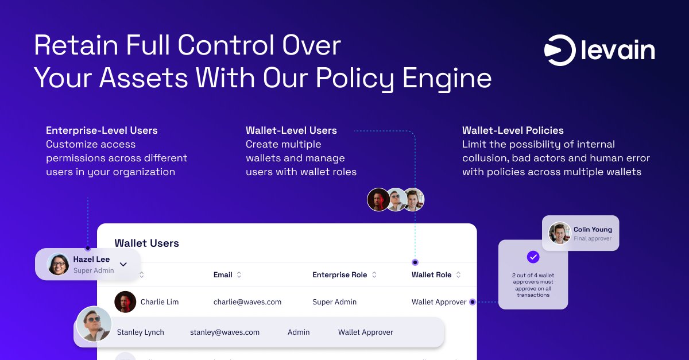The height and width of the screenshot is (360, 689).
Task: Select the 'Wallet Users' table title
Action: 146,243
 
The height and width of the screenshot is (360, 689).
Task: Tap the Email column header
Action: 223,275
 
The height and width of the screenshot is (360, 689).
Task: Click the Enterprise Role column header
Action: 339,275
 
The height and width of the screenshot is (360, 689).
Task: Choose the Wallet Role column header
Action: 431,275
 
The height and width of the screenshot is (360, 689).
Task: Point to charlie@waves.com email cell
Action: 247,302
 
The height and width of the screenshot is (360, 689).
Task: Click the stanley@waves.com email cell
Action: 224,332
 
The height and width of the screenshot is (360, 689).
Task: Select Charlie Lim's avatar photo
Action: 125,302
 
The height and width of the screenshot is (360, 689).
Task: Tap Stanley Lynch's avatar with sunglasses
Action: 94,324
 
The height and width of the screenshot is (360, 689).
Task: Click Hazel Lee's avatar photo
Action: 58,264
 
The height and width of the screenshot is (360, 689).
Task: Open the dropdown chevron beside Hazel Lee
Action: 123,264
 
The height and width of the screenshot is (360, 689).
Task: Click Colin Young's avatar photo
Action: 559,233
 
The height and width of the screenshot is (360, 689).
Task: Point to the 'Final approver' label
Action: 593,239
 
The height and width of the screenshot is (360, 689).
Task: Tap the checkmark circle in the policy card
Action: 533,257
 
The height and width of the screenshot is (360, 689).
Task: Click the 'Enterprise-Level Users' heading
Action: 102,130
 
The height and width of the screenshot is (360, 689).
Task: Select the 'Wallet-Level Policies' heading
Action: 513,130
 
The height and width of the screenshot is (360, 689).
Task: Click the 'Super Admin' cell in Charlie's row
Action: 334,302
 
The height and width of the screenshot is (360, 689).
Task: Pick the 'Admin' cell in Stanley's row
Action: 299,332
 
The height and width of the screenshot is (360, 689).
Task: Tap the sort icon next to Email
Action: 239,275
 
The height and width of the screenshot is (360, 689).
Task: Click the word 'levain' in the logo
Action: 618,51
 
